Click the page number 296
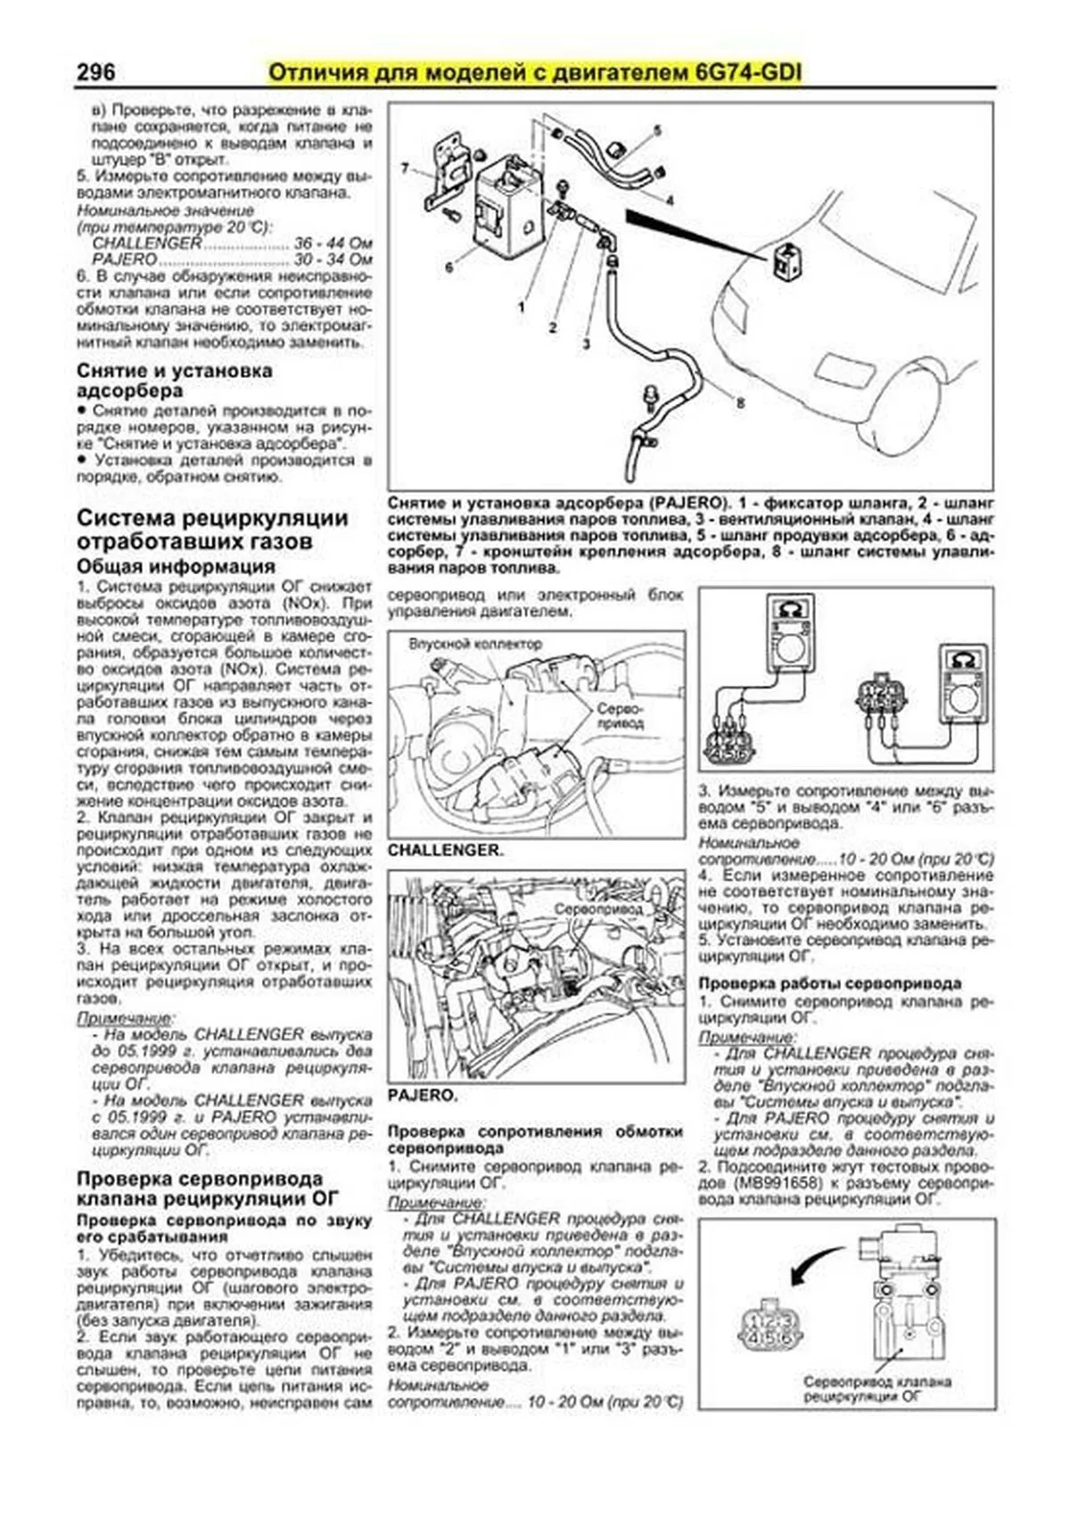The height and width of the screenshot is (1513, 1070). pos(95,72)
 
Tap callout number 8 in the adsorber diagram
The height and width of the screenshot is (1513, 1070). pos(739,403)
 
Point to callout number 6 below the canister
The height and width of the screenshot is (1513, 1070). pos(449,266)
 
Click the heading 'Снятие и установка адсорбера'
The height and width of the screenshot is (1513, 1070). pos(174,381)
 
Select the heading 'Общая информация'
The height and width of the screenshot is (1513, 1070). pos(176,567)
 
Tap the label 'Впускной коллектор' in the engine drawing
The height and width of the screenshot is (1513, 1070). pos(474,644)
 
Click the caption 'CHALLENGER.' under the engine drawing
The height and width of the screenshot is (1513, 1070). pos(445,851)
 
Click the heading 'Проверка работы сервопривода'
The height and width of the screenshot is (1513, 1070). pos(829,983)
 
